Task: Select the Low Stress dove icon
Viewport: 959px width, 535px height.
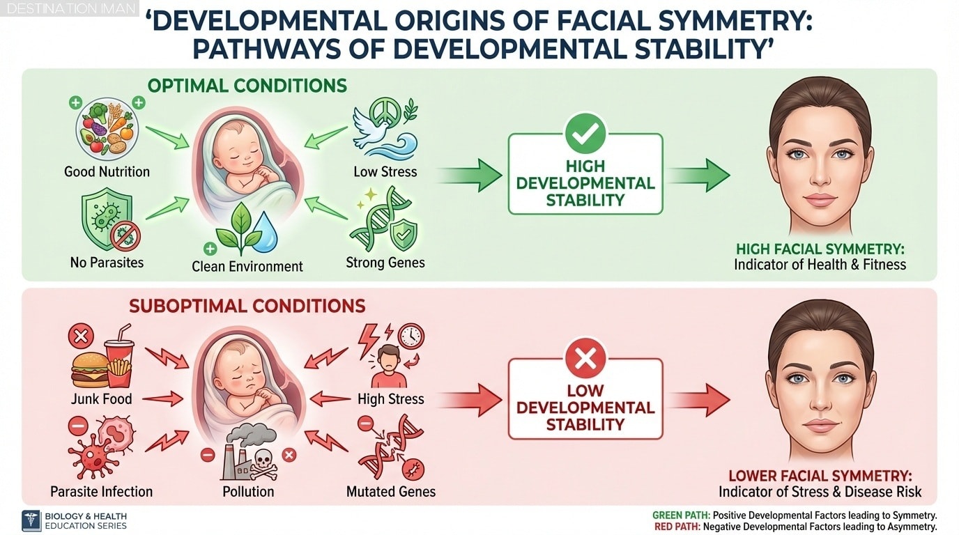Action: tap(384, 132)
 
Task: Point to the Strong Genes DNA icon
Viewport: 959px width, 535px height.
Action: tap(384, 222)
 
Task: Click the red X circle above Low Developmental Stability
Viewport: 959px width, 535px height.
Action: tap(585, 359)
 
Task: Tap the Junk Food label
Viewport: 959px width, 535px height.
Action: tap(102, 399)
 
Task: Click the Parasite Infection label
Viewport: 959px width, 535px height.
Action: tap(102, 491)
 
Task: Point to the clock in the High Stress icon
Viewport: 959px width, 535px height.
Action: tap(411, 336)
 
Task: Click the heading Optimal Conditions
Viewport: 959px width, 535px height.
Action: tap(247, 86)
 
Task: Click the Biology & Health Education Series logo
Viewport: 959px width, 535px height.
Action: tap(32, 521)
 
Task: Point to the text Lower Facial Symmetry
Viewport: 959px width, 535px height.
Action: tap(820, 476)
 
